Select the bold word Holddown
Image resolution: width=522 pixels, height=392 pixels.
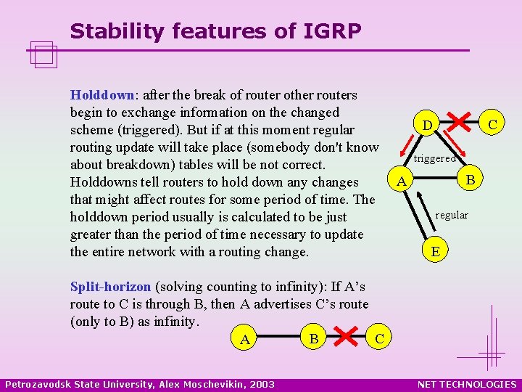(x=102, y=95)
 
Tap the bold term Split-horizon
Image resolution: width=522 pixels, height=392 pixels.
(x=111, y=287)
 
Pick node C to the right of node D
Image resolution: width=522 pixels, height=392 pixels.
(x=492, y=125)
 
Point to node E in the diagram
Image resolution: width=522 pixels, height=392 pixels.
(x=434, y=252)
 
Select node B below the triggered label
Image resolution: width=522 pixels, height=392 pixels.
(x=470, y=179)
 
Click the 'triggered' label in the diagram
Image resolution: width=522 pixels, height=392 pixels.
(x=434, y=158)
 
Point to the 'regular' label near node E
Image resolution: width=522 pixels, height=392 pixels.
(x=452, y=215)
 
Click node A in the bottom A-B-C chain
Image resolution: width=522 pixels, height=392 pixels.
(x=245, y=339)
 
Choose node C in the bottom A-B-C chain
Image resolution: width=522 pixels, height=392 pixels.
(x=381, y=339)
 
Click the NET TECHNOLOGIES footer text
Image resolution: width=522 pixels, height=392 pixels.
(x=467, y=384)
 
